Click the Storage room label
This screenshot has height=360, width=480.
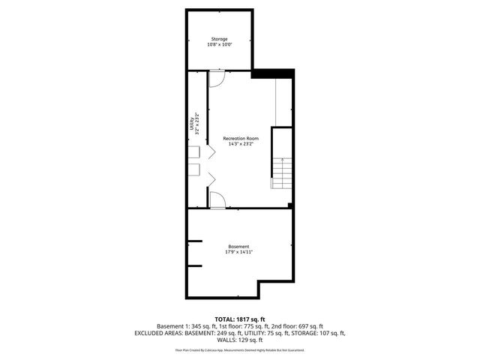click(218, 39)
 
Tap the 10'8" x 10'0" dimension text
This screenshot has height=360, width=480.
click(218, 45)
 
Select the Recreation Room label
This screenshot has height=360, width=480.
click(241, 139)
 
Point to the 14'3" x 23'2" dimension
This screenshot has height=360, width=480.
click(241, 145)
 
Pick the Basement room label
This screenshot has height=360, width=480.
click(239, 246)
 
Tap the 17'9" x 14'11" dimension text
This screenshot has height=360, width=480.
click(239, 252)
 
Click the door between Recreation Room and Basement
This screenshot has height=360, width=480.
click(218, 199)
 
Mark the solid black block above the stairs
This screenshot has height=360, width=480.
click(274, 73)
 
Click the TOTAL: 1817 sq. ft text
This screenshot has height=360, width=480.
click(239, 318)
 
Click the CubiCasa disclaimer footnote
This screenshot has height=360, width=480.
click(239, 349)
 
